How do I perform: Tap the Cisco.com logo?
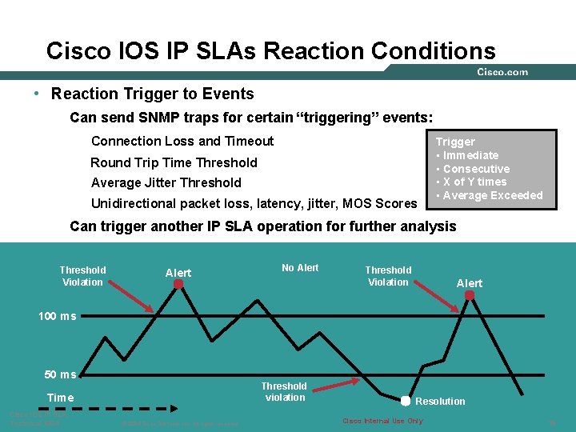point(502,72)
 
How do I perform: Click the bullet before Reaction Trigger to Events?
point(38,94)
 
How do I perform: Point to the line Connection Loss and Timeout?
point(182,141)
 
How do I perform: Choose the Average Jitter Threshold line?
point(166,182)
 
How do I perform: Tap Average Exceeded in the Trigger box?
point(492,195)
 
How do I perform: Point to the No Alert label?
point(300,268)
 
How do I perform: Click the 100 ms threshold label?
point(58,316)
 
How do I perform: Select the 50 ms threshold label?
point(61,374)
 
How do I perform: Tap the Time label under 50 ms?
point(60,398)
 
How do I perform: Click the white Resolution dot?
point(406,401)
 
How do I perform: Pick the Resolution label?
point(440,402)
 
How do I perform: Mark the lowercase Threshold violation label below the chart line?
point(284,391)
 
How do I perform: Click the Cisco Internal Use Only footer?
point(382,421)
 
